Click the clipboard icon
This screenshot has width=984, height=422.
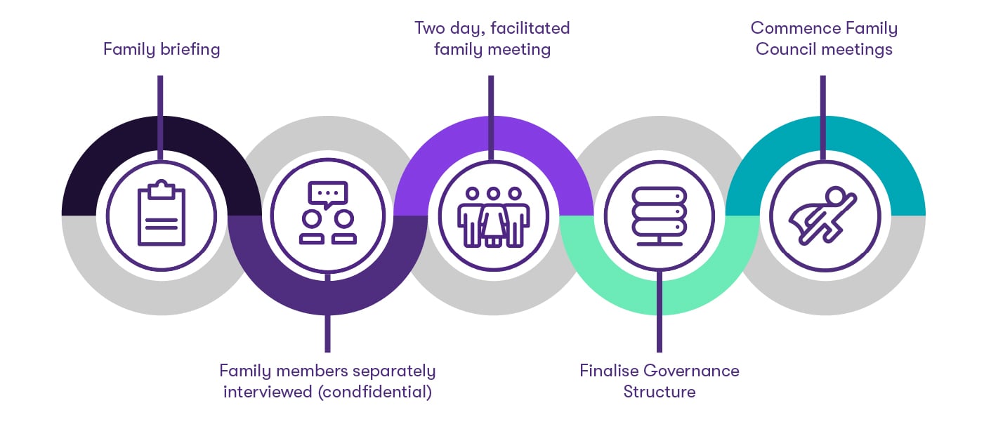162,214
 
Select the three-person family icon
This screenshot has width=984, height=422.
492,216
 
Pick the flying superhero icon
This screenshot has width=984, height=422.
822,214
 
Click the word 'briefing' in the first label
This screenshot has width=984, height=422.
188,50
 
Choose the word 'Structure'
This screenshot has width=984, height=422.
659,391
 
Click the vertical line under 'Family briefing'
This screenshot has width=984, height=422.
161,98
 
